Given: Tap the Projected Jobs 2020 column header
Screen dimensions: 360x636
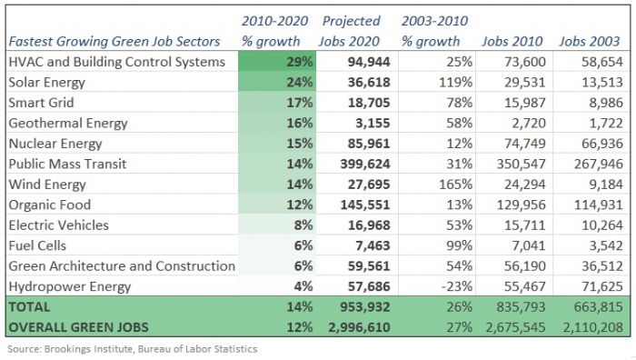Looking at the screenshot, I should tap(351, 31).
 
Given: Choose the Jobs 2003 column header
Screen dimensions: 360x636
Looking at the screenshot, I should tap(590, 41).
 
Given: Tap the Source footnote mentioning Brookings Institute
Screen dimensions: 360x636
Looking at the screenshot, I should tap(132, 349).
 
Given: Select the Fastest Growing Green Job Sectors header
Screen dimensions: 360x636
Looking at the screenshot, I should tap(114, 41).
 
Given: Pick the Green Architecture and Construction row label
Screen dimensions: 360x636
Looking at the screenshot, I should tap(120, 266).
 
